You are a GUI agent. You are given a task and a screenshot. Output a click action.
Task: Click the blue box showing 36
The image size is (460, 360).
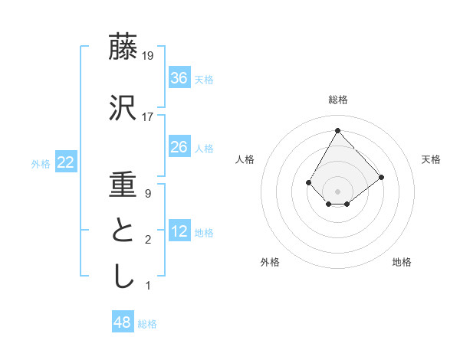(x=179, y=78)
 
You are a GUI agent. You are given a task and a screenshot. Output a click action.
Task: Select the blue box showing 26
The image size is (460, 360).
(x=179, y=147)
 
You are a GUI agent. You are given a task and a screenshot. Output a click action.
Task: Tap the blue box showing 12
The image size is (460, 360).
(x=179, y=231)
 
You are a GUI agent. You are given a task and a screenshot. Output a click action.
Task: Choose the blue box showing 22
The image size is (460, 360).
(x=65, y=162)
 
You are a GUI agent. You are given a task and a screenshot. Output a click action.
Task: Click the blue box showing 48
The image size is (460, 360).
(x=123, y=322)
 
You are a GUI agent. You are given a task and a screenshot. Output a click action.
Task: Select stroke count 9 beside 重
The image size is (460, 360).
(x=148, y=194)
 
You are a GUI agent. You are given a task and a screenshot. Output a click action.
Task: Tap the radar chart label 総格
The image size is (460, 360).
(x=338, y=100)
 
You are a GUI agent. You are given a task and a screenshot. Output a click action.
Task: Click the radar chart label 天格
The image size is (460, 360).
(x=432, y=159)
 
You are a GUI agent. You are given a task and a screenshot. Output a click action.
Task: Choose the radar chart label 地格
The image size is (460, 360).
(x=402, y=262)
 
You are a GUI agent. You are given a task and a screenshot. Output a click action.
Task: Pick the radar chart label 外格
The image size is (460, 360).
(x=270, y=262)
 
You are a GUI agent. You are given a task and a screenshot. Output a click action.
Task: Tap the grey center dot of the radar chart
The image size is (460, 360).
(x=338, y=191)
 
